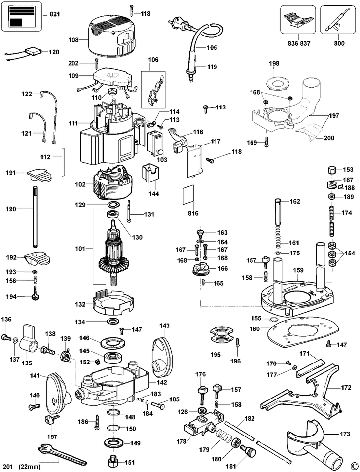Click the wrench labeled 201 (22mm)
pos(63,454)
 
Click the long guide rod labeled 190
pos(35,217)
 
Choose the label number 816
pos(193,213)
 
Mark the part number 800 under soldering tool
pos(339,43)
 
